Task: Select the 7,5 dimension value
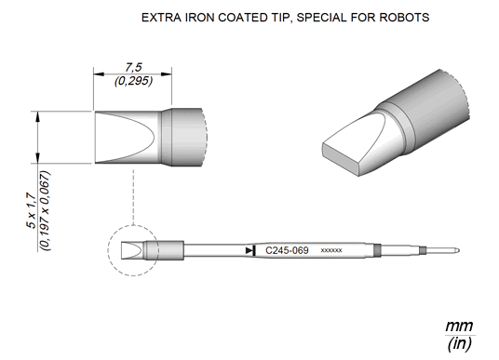point(133,67)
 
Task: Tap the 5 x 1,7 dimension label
point(32,210)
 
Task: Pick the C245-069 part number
point(287,250)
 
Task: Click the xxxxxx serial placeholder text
point(331,250)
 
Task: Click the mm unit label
point(459,327)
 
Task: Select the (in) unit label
point(459,344)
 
